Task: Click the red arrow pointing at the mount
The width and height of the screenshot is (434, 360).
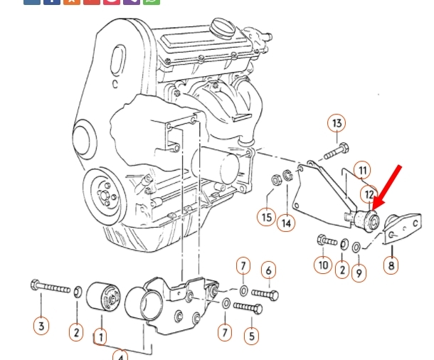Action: click(x=386, y=187)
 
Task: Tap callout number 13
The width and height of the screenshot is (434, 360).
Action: click(x=337, y=123)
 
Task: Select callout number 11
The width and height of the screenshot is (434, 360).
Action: click(x=362, y=170)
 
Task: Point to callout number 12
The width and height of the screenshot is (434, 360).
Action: click(x=369, y=194)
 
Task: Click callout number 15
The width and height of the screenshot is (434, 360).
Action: click(x=266, y=217)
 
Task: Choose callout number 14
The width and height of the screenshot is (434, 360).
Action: click(x=286, y=223)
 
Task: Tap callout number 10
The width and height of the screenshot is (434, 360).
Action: click(x=323, y=265)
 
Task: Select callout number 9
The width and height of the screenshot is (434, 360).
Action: click(x=359, y=273)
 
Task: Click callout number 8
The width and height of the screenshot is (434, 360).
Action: click(x=391, y=265)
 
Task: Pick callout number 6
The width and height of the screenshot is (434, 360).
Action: click(x=268, y=270)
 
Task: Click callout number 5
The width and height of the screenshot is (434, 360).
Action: click(x=251, y=336)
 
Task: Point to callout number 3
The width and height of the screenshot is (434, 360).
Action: click(x=41, y=326)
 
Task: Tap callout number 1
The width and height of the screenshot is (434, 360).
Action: click(x=101, y=337)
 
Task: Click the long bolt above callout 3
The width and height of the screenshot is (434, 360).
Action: click(x=51, y=286)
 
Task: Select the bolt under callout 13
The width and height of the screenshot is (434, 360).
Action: click(x=336, y=151)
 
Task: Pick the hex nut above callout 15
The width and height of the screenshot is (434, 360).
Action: click(x=275, y=180)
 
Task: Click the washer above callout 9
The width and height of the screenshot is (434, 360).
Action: click(x=356, y=247)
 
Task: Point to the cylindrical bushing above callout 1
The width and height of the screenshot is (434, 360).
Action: click(x=103, y=297)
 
